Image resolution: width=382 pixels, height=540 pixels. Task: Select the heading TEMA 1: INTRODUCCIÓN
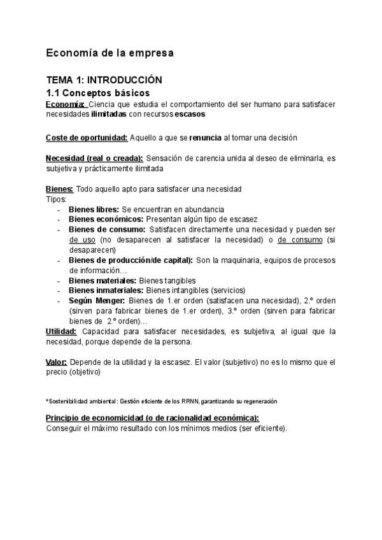104,80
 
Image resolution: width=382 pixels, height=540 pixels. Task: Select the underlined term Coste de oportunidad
87,137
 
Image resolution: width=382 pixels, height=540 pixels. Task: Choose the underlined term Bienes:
60,189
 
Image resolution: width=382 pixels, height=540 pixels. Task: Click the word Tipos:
56,199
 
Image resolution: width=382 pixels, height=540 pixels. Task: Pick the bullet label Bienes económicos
106,219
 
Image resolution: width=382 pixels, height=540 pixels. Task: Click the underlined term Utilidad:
62,331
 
